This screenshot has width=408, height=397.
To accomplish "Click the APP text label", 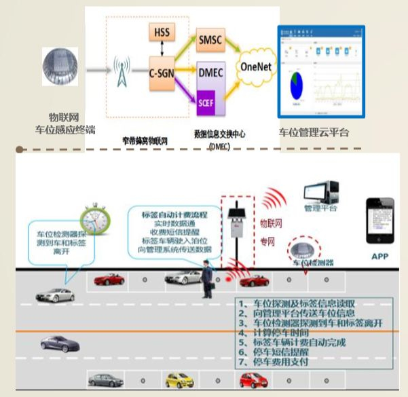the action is (379, 257).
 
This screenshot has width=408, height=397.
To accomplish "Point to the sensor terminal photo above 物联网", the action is (62, 70).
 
